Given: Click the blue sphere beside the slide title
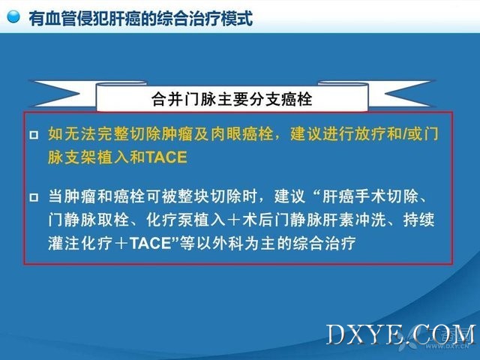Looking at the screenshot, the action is [x=13, y=16].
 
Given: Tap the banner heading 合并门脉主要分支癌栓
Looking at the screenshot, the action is [x=232, y=99].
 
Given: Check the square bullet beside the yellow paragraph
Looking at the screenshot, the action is [x=34, y=135].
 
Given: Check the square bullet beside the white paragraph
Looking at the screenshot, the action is [x=34, y=197].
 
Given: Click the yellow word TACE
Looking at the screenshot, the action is [x=166, y=157].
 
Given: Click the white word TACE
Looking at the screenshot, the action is [x=150, y=244].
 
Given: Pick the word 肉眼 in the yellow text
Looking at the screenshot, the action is [x=226, y=133].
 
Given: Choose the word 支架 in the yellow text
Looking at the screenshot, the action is [x=80, y=157].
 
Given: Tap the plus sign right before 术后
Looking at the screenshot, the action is [x=233, y=220].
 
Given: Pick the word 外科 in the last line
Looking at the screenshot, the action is [x=228, y=244].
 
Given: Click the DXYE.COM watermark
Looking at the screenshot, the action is [x=400, y=334].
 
